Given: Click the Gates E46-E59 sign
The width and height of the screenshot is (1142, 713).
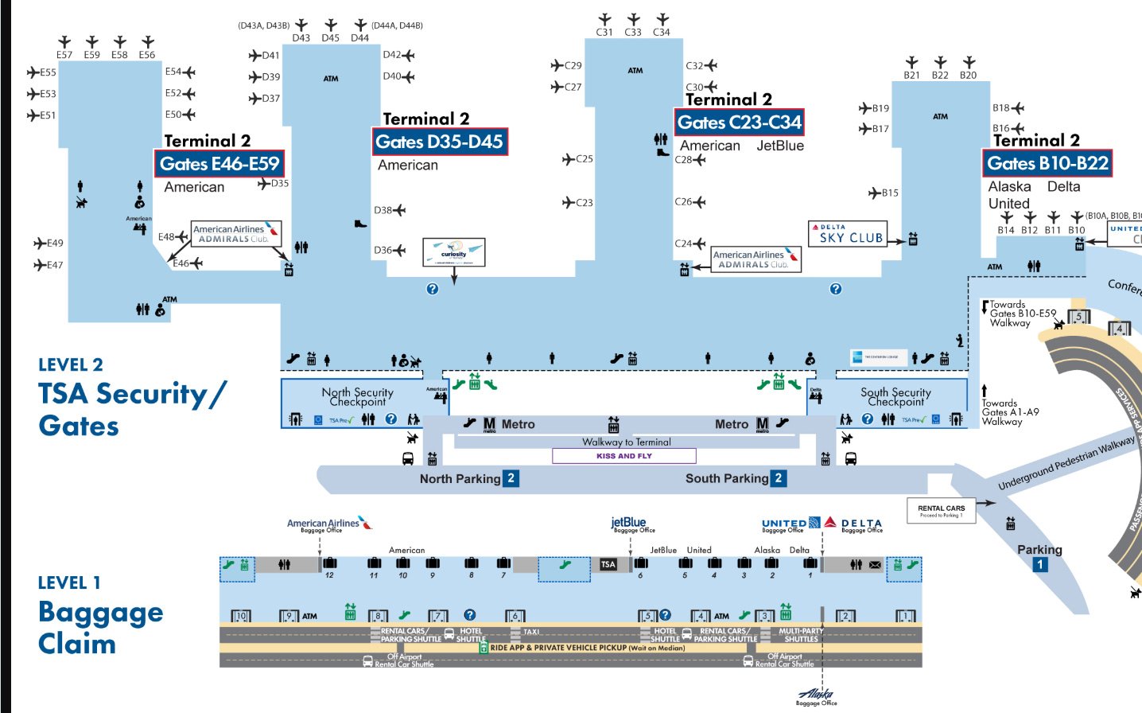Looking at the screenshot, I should (x=219, y=164).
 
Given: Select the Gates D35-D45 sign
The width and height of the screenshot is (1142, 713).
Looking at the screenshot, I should (x=439, y=142).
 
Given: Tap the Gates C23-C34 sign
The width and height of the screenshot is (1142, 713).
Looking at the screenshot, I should (x=740, y=123).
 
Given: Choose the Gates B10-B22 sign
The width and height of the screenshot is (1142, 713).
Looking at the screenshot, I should (x=1047, y=164).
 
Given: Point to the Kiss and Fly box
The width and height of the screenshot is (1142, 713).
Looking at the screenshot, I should (x=624, y=456).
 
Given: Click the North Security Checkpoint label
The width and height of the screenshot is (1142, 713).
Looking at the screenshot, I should (x=357, y=396).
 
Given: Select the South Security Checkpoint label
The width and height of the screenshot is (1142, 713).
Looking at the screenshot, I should (x=895, y=396).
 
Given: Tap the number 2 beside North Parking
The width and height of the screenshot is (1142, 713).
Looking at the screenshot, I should (x=511, y=478).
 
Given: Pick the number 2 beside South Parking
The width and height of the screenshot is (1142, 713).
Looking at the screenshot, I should (x=779, y=478).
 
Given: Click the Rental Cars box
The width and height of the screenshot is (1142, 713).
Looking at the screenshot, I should (x=942, y=510).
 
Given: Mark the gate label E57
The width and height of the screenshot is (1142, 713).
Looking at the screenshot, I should (x=64, y=55).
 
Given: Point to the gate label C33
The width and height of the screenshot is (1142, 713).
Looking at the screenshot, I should (x=633, y=33).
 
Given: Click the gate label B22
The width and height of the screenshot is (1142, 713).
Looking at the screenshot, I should (x=940, y=76).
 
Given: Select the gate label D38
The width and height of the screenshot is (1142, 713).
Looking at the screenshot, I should (x=383, y=210).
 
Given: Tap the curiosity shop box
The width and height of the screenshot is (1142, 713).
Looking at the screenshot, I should (x=454, y=252).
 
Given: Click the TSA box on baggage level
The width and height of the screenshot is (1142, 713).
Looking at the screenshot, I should (x=608, y=564).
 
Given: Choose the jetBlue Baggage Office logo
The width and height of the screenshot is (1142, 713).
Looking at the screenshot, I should (x=629, y=523).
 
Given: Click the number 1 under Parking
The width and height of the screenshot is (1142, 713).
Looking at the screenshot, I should (x=1039, y=564).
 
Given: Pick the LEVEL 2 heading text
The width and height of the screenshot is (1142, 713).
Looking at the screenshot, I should (x=71, y=365).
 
